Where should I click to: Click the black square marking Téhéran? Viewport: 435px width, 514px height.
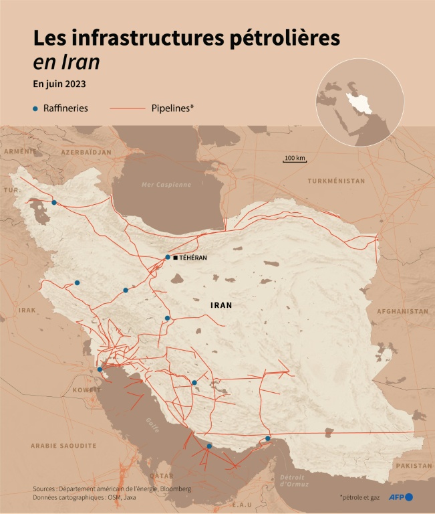(175, 258)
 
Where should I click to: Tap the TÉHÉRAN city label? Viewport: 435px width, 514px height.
(193, 258)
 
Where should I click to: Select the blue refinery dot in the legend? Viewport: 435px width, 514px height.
(35, 108)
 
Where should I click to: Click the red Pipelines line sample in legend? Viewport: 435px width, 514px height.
(127, 108)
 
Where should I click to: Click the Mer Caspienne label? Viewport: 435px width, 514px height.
(166, 184)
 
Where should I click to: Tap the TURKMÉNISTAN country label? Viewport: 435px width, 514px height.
(336, 181)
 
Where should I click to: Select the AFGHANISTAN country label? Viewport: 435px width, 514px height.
(402, 311)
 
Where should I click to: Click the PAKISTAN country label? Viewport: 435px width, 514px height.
(414, 465)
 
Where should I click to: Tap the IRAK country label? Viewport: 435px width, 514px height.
(27, 310)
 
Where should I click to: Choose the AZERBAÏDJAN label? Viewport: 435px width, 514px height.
(86, 152)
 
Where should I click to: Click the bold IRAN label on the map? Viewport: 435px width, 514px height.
(221, 305)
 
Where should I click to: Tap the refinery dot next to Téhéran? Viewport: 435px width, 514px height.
(168, 257)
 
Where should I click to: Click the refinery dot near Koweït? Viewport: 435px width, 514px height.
(100, 369)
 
